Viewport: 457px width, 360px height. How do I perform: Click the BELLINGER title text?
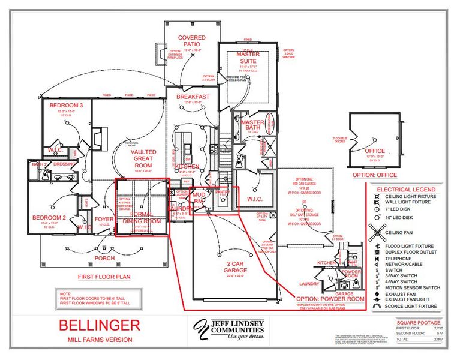99,326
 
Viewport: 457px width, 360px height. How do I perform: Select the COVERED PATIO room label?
191,41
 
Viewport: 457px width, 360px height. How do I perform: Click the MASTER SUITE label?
248,58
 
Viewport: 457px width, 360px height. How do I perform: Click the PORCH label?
104,258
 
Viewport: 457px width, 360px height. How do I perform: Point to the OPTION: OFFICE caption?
375,175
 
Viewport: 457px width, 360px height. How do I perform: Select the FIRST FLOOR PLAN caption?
104,277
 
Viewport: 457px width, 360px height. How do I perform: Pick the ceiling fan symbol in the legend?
378,232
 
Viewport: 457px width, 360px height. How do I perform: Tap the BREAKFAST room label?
193,97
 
